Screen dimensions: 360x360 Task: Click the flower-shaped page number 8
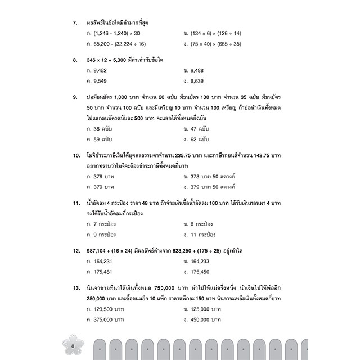(x=73, y=345)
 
